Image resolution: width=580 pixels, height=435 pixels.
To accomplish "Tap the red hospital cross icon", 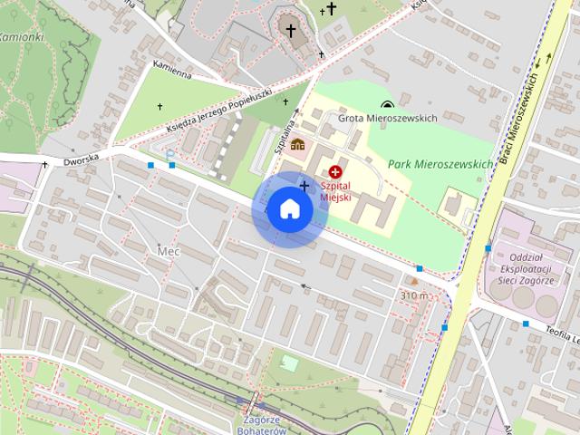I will point(335,170).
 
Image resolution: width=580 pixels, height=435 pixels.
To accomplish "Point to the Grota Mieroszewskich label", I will point(388,118).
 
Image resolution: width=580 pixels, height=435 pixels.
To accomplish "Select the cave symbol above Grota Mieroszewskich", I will point(388,104).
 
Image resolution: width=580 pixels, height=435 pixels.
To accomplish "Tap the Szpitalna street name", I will point(284,131).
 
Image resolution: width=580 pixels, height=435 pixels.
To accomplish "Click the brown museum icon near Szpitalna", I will point(298,143).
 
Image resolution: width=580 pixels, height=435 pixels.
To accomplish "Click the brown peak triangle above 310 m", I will point(413,282).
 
